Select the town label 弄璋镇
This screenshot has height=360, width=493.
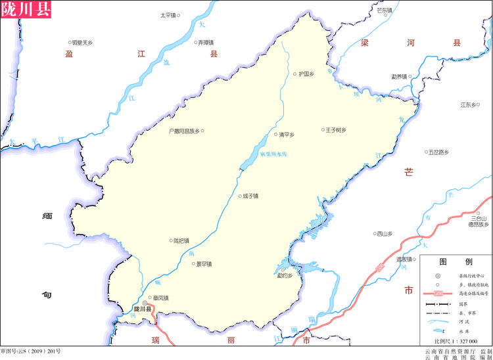coord(206,43)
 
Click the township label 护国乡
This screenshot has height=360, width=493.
coord(306,74)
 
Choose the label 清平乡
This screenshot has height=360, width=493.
coord(286,135)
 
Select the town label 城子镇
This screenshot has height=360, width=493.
coord(250,195)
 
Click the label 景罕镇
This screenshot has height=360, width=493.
coord(204,264)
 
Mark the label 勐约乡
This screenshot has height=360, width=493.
coord(284,275)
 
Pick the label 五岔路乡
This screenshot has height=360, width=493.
coord(438,152)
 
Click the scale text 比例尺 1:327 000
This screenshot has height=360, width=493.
coord(455,342)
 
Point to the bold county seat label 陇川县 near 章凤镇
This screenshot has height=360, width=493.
coord(142,309)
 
